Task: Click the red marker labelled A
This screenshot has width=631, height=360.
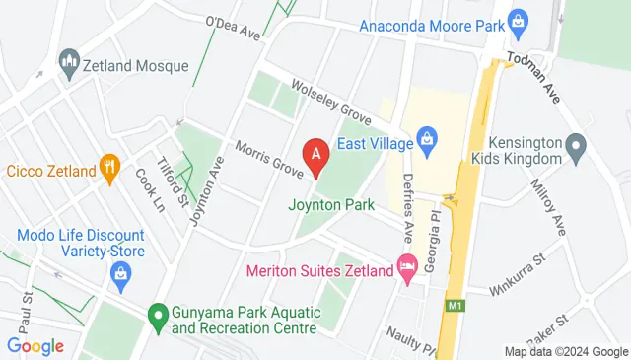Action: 315,155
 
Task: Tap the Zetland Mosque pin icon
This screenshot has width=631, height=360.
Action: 69,64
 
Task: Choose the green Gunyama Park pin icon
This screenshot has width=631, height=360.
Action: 156,317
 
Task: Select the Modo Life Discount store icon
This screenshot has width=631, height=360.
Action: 120,271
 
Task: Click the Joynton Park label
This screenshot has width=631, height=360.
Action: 331,206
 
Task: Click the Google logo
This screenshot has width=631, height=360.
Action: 35,346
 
